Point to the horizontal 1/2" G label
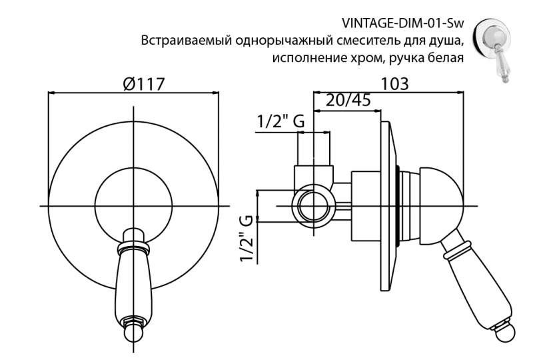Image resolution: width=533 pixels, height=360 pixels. click(x=280, y=122)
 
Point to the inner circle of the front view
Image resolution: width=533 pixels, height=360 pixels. click(x=133, y=199)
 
